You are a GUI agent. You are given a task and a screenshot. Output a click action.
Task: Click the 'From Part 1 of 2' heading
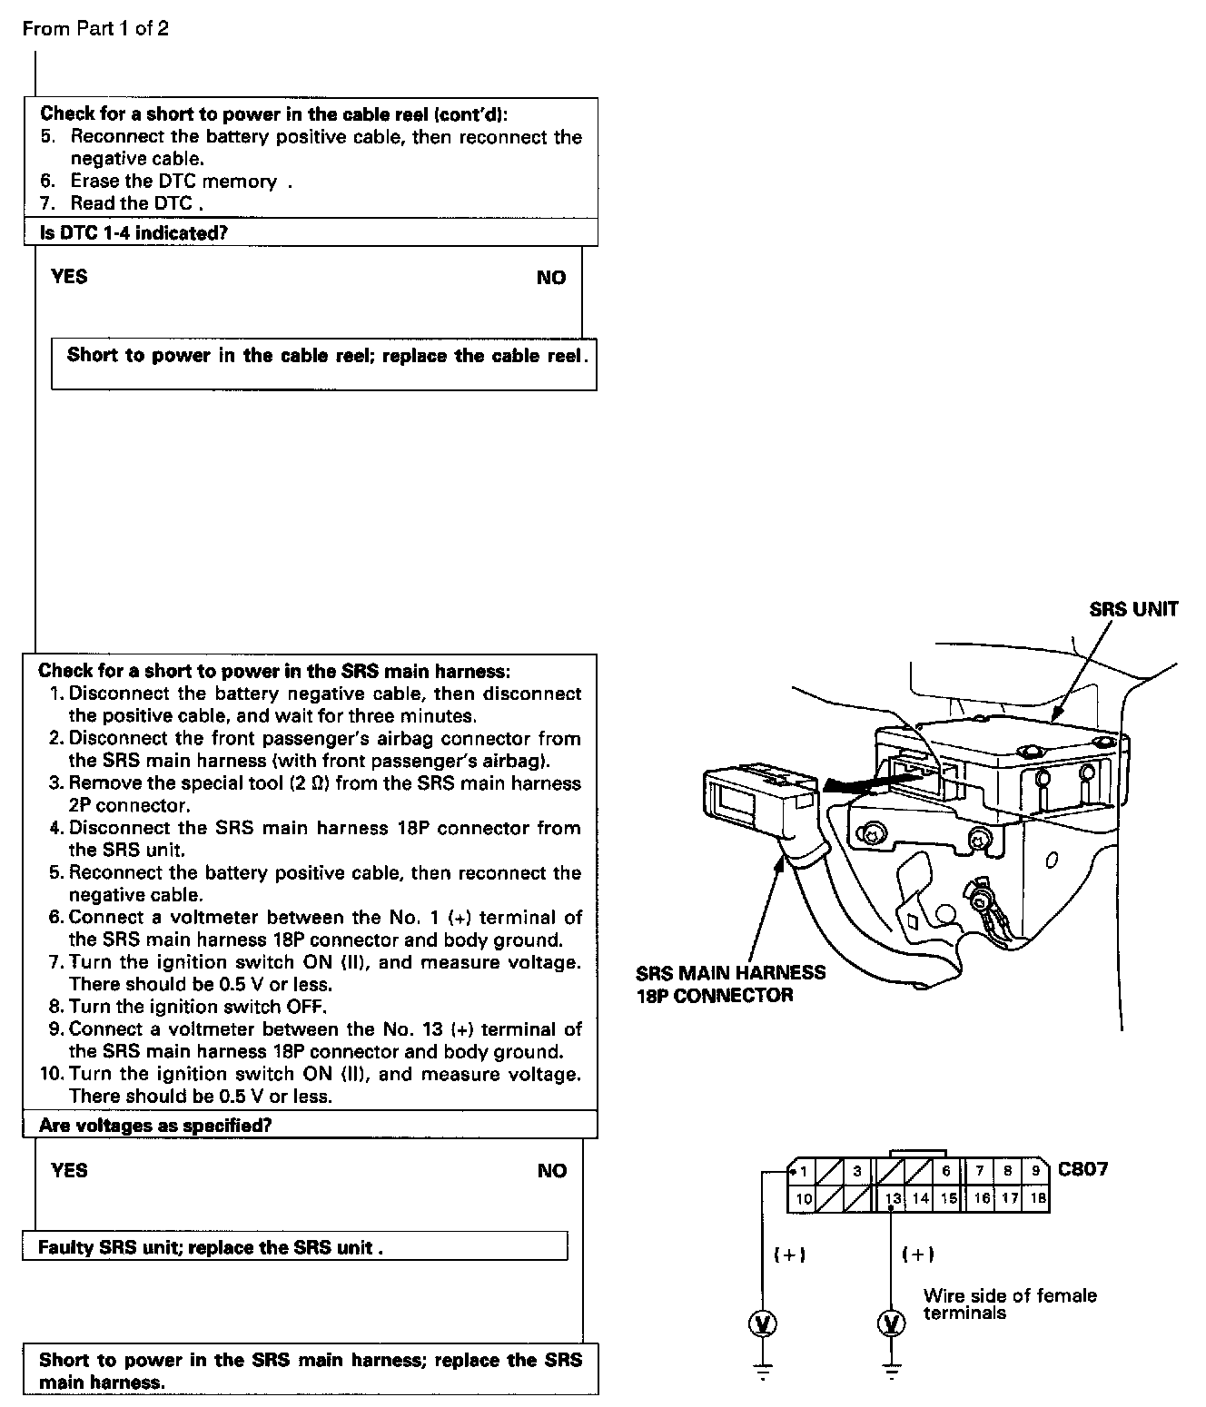pyautogui.click(x=95, y=29)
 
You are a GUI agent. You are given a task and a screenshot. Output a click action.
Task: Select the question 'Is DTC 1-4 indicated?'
pyautogui.click(x=133, y=232)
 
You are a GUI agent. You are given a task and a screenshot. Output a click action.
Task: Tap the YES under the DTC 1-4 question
pyautogui.click(x=69, y=277)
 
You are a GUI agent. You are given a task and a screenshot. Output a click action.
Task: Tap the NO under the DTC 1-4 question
pyautogui.click(x=550, y=278)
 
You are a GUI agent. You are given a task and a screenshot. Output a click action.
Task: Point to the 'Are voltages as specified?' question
pyautogui.click(x=155, y=1126)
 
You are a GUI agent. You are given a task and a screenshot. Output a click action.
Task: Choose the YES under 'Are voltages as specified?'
pyautogui.click(x=69, y=1170)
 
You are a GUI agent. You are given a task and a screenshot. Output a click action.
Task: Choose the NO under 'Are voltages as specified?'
pyautogui.click(x=551, y=1171)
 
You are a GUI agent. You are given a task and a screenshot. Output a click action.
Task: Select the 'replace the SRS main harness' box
pyautogui.click(x=311, y=1370)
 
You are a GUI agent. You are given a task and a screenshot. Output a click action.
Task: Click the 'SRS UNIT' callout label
pyautogui.click(x=1133, y=609)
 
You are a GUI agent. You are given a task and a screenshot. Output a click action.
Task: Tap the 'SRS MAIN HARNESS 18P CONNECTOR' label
pyautogui.click(x=731, y=984)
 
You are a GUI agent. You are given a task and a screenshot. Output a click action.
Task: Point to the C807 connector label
pyautogui.click(x=1083, y=1168)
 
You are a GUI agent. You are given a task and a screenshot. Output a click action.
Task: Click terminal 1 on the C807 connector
pyautogui.click(x=803, y=1172)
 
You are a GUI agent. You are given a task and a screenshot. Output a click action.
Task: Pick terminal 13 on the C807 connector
pyautogui.click(x=894, y=1198)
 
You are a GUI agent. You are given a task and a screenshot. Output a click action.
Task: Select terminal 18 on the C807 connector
pyautogui.click(x=1038, y=1198)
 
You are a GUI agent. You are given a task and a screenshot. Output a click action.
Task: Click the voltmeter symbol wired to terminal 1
pyautogui.click(x=763, y=1324)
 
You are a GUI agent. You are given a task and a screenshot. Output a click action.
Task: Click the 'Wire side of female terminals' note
pyautogui.click(x=1009, y=1304)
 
